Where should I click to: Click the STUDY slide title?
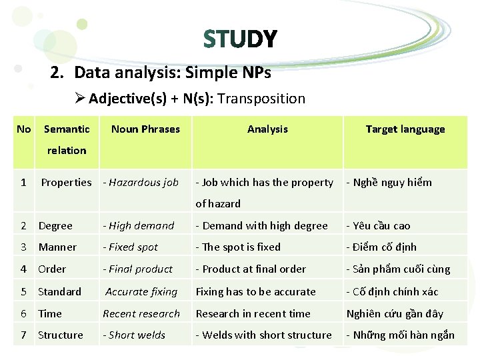point(240,39)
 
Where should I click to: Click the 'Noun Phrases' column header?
point(145,129)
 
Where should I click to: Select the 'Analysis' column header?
point(267,129)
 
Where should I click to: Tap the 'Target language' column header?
point(405,129)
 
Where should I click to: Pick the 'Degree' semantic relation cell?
point(55,226)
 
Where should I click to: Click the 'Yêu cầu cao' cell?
point(380,226)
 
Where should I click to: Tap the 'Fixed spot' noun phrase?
point(132,247)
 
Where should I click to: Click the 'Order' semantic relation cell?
point(52,269)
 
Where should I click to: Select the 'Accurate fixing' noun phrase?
point(141,292)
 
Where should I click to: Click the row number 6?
point(23,313)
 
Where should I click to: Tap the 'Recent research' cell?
point(141,313)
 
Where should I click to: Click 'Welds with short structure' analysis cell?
point(265,335)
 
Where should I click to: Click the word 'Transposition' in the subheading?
point(261,99)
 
